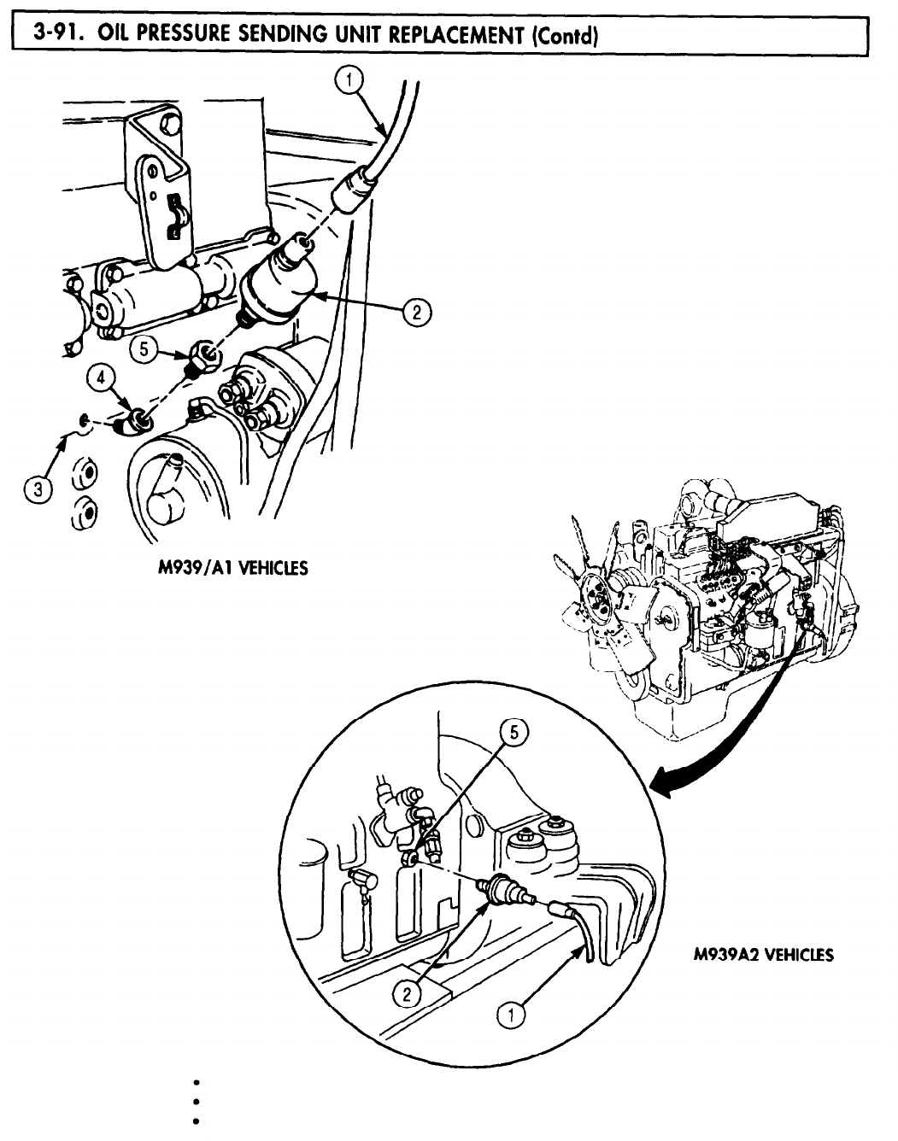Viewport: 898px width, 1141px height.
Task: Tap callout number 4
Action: (x=101, y=378)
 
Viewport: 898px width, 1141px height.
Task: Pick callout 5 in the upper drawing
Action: (x=144, y=348)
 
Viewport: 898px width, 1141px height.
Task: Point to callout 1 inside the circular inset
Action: (x=510, y=1014)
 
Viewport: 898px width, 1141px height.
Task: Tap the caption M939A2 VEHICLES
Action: (x=763, y=954)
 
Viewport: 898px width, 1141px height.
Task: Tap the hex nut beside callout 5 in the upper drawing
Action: (x=205, y=352)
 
